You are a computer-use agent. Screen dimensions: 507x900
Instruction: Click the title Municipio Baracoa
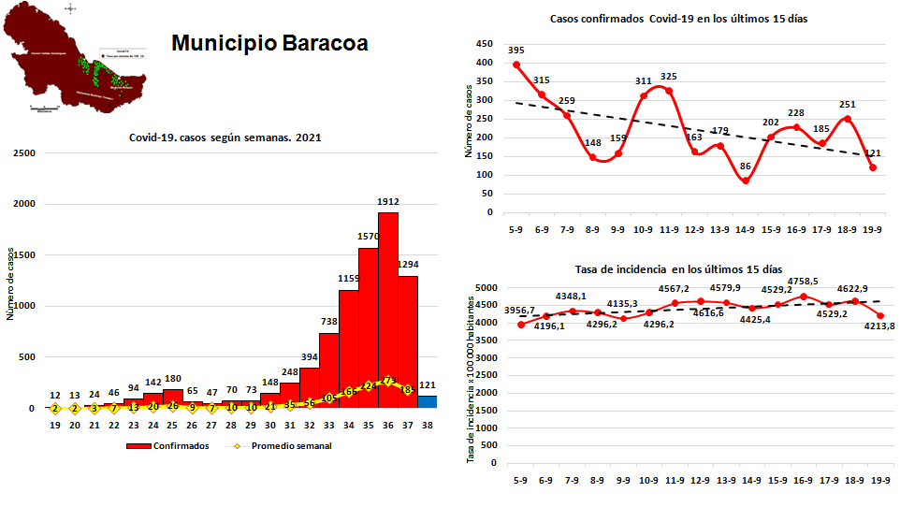click(269, 44)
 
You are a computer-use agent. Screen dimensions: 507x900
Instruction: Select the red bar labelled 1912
click(388, 309)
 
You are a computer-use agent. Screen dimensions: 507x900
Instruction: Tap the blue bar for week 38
click(428, 402)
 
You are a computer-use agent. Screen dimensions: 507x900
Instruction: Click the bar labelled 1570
click(369, 327)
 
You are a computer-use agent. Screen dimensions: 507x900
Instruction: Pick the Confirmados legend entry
click(169, 446)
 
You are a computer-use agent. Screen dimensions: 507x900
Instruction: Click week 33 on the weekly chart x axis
click(328, 426)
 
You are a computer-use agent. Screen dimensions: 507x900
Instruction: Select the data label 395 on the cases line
click(516, 50)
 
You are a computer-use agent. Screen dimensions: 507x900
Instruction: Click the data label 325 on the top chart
click(668, 77)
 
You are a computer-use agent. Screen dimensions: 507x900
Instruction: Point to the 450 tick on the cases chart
click(484, 44)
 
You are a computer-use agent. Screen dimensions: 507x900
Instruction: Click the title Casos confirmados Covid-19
click(666, 19)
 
